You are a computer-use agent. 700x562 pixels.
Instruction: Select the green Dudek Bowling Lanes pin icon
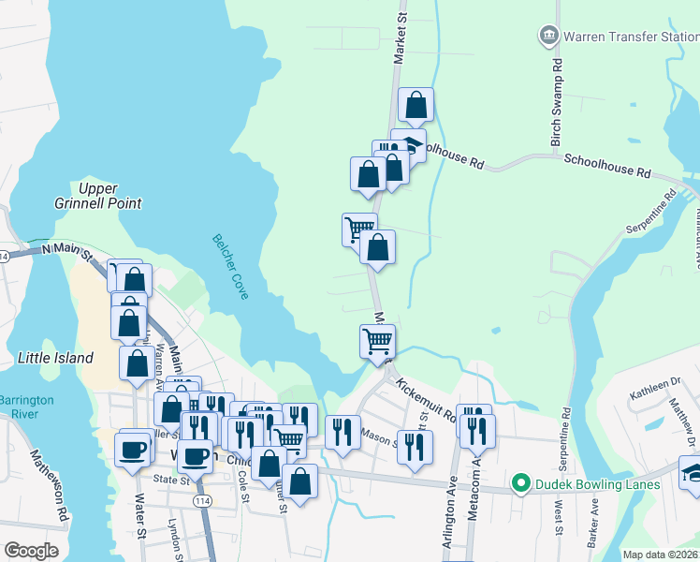(520, 484)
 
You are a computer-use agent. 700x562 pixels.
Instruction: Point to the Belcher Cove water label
(230, 266)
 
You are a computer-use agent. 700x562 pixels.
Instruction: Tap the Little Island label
(56, 358)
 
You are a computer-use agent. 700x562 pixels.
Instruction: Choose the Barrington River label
(27, 407)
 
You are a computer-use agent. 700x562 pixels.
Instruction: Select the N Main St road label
(68, 251)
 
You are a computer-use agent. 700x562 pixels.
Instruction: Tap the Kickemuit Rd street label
(425, 401)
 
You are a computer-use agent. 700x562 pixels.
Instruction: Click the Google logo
(31, 551)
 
